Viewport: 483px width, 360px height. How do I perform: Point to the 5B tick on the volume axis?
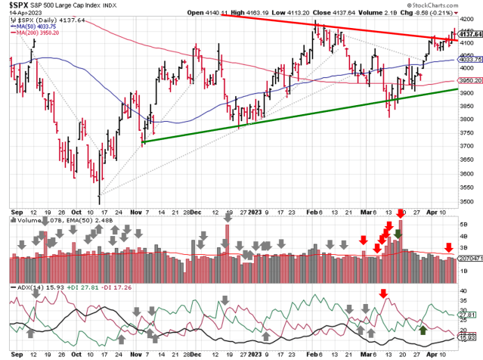click(x=466, y=225)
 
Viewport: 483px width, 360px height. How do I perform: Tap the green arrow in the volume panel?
click(x=398, y=233)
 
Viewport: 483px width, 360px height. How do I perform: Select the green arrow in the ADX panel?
click(x=423, y=330)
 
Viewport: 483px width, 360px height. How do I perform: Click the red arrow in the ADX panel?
click(x=383, y=293)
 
